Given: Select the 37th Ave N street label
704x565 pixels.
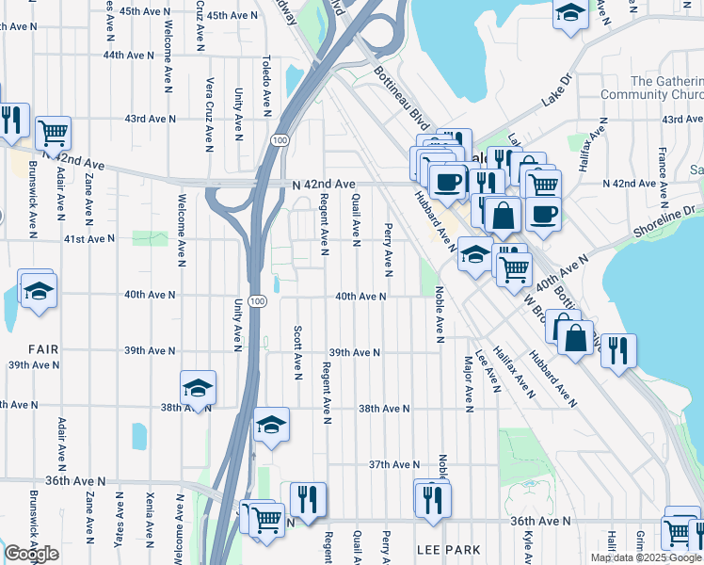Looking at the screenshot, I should [x=393, y=465].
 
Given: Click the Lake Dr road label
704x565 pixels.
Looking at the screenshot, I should [x=557, y=91].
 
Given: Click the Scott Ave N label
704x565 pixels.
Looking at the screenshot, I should [x=296, y=354].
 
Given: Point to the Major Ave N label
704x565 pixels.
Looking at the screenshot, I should [x=468, y=383].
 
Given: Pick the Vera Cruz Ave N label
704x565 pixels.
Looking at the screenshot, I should [x=210, y=114].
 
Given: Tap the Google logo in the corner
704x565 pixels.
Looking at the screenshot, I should [x=31, y=554].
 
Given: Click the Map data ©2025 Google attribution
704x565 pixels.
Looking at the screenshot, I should [x=646, y=557].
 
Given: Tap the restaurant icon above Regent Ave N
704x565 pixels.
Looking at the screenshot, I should [x=308, y=499].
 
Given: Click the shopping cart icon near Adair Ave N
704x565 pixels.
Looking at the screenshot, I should [x=54, y=134].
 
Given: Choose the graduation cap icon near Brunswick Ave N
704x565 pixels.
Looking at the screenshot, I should [x=38, y=290].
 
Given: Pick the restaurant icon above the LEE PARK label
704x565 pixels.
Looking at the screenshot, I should [x=432, y=498].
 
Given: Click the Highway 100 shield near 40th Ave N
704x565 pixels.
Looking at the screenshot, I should [x=260, y=300].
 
